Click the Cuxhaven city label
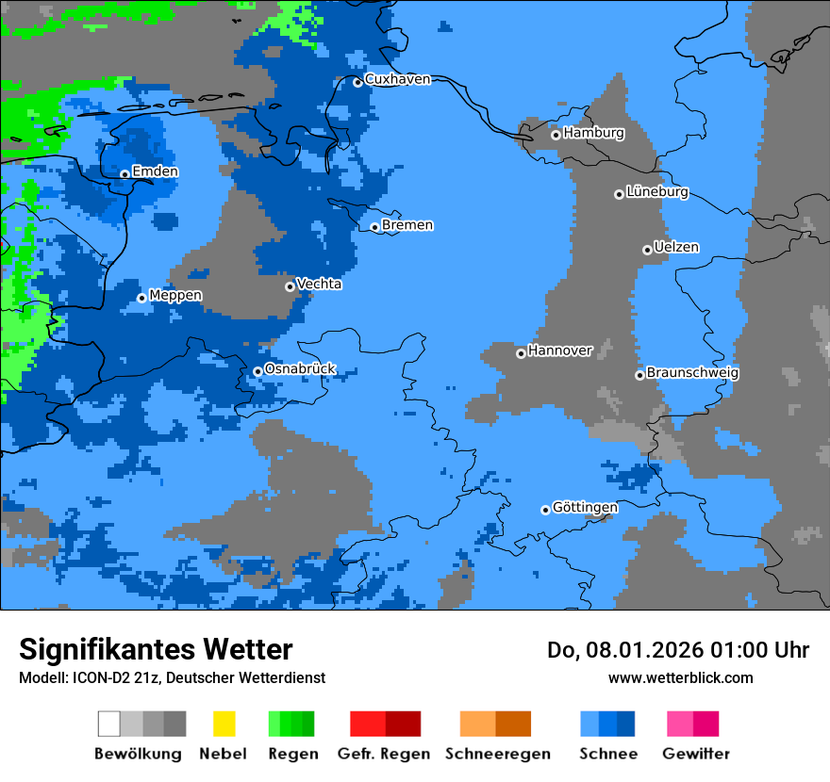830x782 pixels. pyautogui.click(x=397, y=79)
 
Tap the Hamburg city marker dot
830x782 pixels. pyautogui.click(x=556, y=135)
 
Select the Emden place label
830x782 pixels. pyautogui.click(x=155, y=171)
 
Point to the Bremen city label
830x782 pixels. pyautogui.click(x=407, y=225)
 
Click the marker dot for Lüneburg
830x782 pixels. pyautogui.click(x=619, y=194)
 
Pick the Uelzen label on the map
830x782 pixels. pyautogui.click(x=676, y=248)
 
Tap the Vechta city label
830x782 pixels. pyautogui.click(x=319, y=284)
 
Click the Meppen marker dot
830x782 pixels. pyautogui.click(x=141, y=298)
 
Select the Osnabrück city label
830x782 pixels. pyautogui.click(x=300, y=369)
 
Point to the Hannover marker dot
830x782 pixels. pyautogui.click(x=521, y=353)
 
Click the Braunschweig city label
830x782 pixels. pyautogui.click(x=692, y=373)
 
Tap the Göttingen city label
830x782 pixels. pyautogui.click(x=585, y=508)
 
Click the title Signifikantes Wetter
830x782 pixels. pyautogui.click(x=156, y=649)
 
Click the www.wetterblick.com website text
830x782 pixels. pyautogui.click(x=680, y=677)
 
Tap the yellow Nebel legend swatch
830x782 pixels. pyautogui.click(x=224, y=724)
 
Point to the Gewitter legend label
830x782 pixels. pyautogui.click(x=695, y=754)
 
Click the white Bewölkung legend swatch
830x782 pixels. pyautogui.click(x=109, y=724)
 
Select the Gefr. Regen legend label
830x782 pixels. pyautogui.click(x=384, y=754)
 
